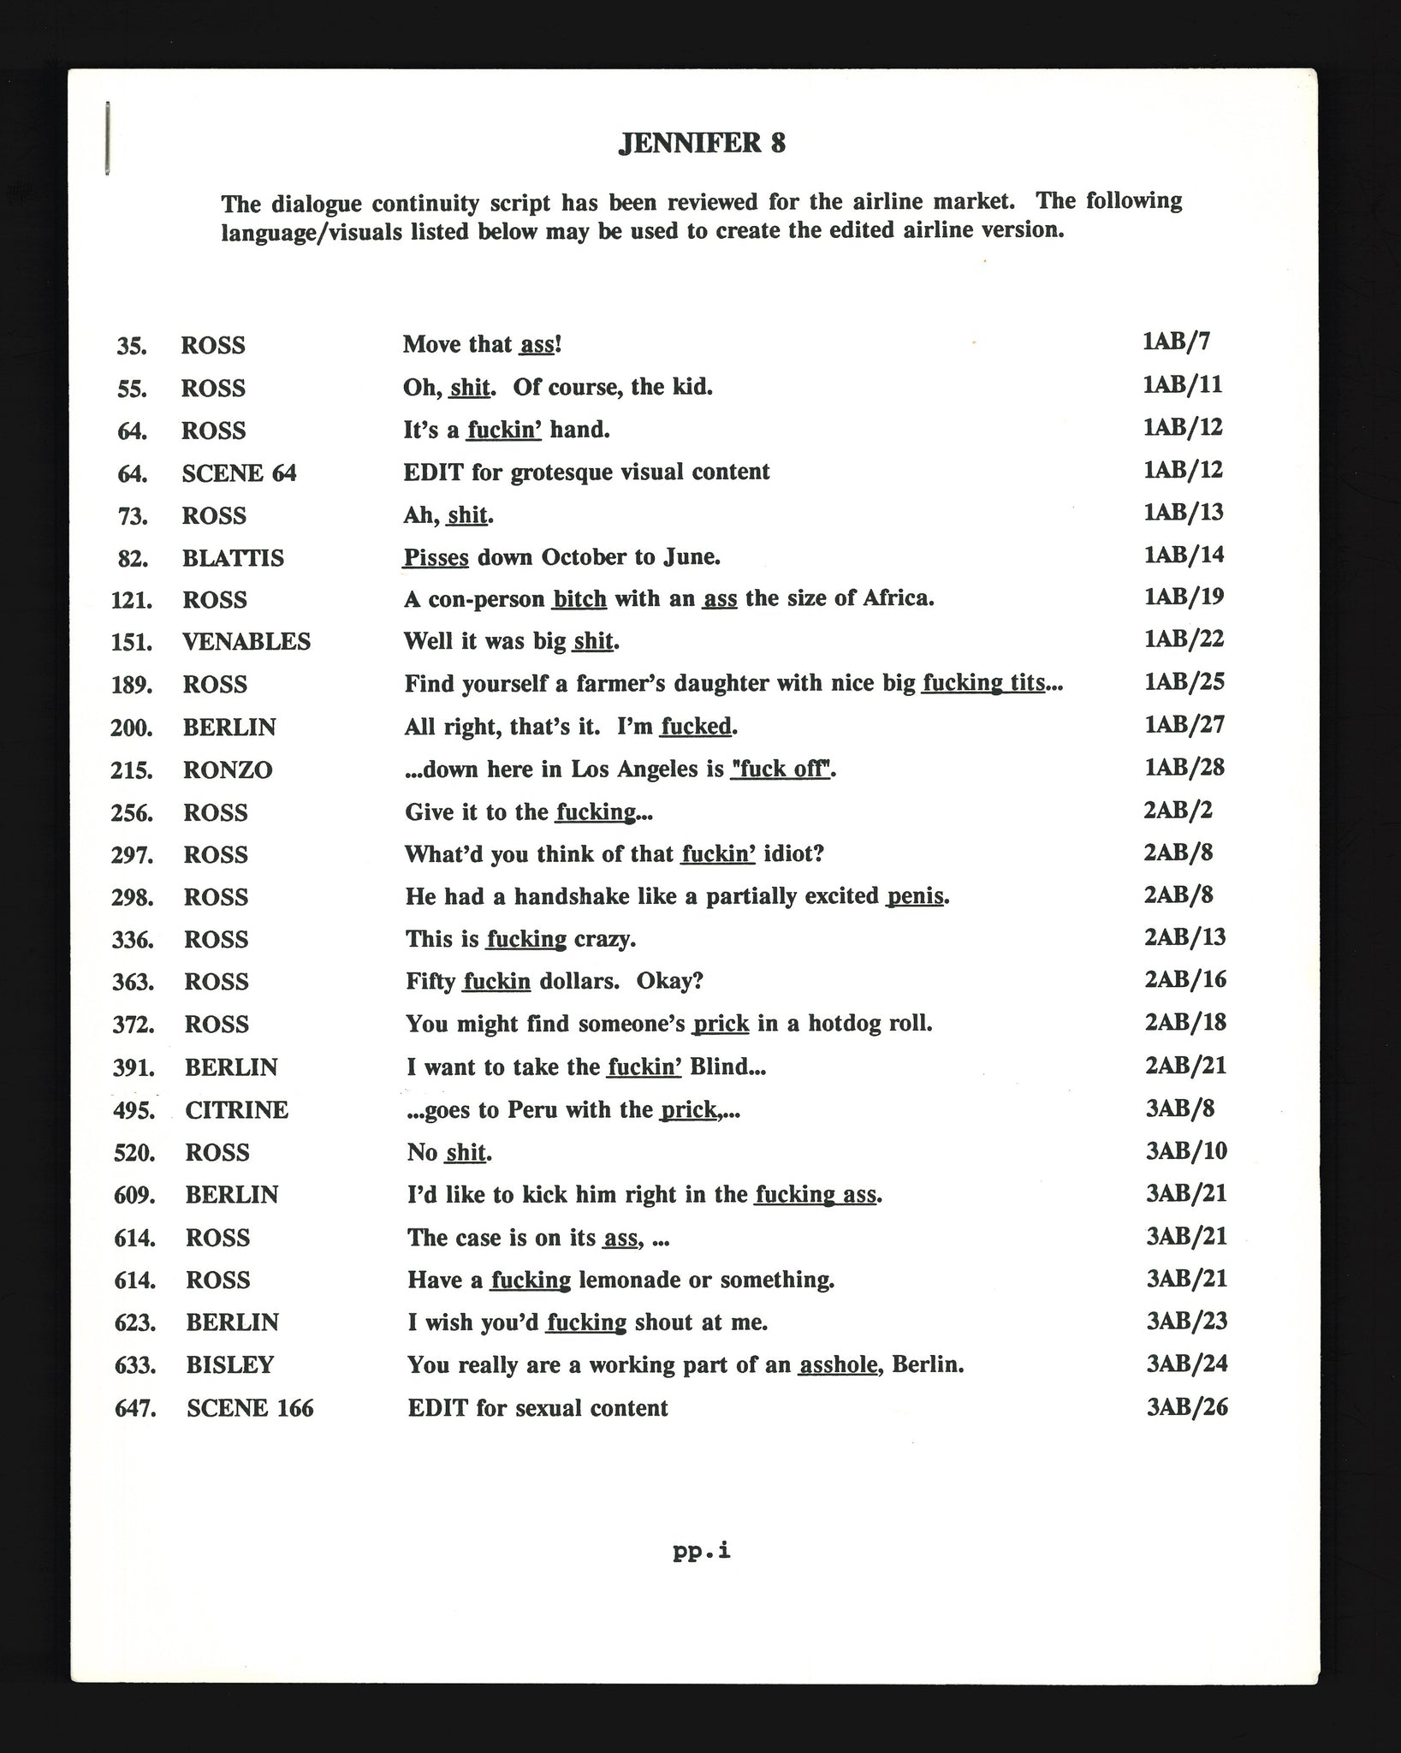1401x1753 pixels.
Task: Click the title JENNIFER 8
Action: click(x=701, y=143)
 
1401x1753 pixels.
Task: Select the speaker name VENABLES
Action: click(x=246, y=642)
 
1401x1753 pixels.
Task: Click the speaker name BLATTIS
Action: click(x=233, y=558)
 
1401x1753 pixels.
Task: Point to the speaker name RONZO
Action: click(x=228, y=770)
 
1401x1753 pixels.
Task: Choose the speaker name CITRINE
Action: click(x=237, y=1110)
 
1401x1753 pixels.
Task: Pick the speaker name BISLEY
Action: click(x=230, y=1364)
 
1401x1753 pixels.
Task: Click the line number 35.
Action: click(x=132, y=346)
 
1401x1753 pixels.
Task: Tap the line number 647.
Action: click(x=135, y=1408)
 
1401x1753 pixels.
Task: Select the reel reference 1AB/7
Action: click(x=1176, y=342)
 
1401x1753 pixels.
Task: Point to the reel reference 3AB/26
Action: click(x=1187, y=1407)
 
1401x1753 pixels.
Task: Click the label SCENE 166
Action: click(x=250, y=1408)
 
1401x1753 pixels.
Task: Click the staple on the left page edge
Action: click(x=107, y=139)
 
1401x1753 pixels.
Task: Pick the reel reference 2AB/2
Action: click(x=1178, y=810)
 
